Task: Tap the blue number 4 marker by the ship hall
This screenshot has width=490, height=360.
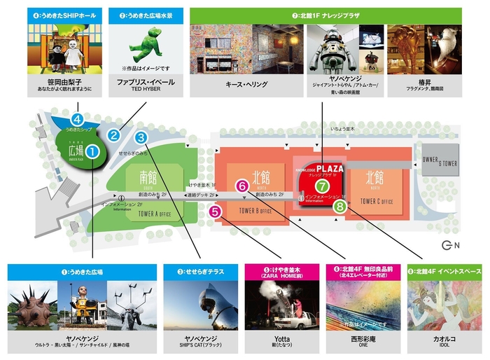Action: (78, 119)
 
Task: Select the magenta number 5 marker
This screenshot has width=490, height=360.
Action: (216, 209)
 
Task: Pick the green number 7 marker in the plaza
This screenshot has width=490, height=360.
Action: (321, 186)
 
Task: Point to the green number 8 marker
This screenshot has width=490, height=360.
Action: (340, 207)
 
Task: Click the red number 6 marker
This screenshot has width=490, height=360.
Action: (242, 186)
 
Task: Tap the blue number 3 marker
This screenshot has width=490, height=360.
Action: (141, 137)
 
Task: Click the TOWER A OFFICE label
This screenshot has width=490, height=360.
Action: (157, 214)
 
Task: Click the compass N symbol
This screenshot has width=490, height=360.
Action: (451, 245)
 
